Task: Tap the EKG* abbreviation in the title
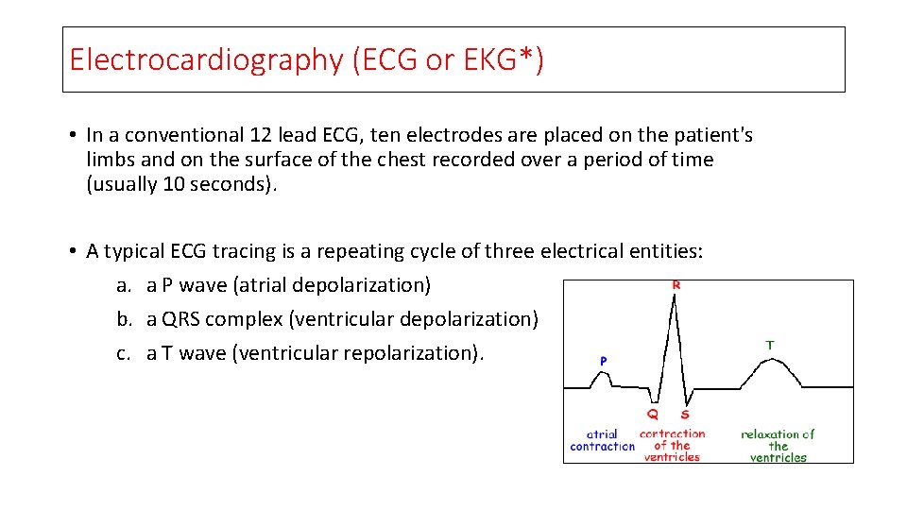(x=497, y=59)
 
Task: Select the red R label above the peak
(x=676, y=284)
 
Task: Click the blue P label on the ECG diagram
(x=603, y=361)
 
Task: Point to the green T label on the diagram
(x=769, y=346)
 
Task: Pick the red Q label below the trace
(x=652, y=415)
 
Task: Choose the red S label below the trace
(x=684, y=415)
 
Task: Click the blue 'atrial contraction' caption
(x=603, y=440)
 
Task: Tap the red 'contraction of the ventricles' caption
(x=672, y=445)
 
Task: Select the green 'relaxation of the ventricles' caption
(x=778, y=446)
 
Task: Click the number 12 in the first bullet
(x=261, y=135)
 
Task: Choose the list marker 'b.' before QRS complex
(x=125, y=319)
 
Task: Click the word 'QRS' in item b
(x=181, y=319)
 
